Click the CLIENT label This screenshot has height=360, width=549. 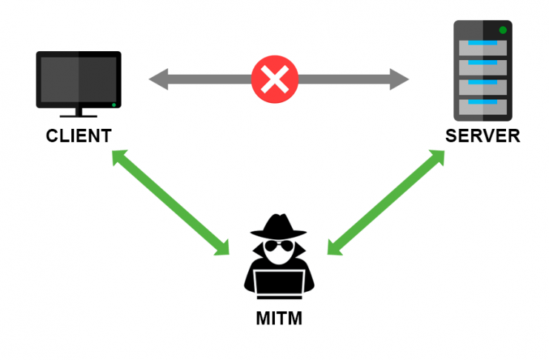click(79, 136)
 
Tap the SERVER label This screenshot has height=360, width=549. click(482, 136)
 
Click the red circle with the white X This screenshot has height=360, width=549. click(275, 78)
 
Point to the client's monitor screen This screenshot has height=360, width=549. click(79, 80)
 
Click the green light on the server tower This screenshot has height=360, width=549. click(503, 30)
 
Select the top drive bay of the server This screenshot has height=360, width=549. click(482, 47)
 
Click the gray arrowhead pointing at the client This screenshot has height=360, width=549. click(158, 78)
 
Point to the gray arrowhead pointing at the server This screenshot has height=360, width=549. click(400, 78)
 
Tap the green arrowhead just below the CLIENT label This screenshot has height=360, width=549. click(119, 157)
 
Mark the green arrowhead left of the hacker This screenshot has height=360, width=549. click(223, 248)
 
